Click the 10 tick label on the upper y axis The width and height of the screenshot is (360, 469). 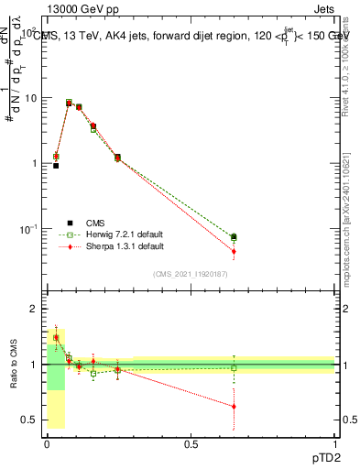(32, 98)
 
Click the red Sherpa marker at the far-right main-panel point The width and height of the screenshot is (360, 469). (234, 251)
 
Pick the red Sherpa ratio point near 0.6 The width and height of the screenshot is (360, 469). (234, 406)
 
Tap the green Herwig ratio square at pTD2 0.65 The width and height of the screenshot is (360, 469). (234, 368)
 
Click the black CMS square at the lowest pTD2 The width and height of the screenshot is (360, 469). (56, 166)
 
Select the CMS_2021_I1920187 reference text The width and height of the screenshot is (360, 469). (191, 274)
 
